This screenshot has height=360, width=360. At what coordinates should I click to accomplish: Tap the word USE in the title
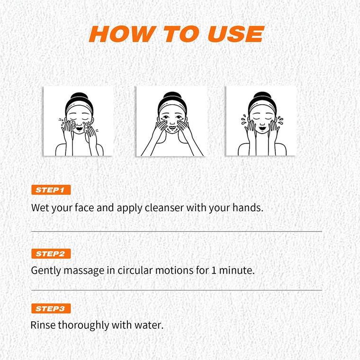(x=235, y=34)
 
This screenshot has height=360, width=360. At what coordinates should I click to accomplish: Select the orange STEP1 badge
(x=51, y=190)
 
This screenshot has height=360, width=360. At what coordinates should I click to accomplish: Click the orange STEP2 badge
(x=51, y=253)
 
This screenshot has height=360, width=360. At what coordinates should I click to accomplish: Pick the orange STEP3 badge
(x=51, y=309)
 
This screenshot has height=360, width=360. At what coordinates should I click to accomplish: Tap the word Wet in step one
(x=39, y=207)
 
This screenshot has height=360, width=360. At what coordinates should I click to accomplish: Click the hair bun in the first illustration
(x=77, y=98)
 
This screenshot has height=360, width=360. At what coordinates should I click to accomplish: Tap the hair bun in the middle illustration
(x=170, y=98)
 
